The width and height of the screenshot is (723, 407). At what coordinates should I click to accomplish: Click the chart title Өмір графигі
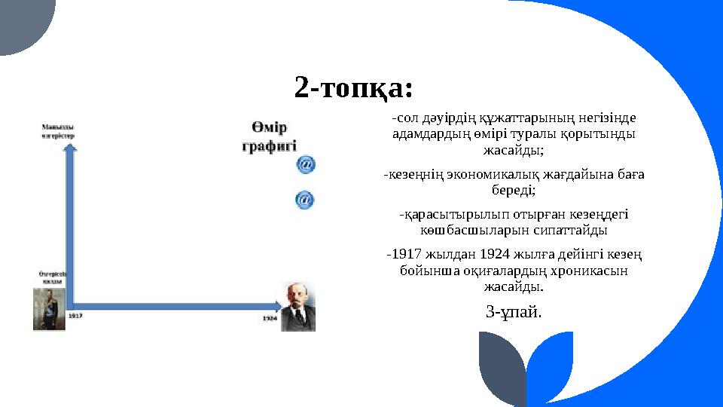[x=270, y=136]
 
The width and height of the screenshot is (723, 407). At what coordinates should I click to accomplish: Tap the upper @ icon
[x=305, y=164]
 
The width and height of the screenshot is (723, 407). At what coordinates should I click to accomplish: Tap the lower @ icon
[x=304, y=200]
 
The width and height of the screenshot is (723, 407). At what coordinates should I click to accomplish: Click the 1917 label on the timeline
[x=75, y=317]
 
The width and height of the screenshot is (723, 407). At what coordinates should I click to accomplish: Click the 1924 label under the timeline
[x=270, y=318]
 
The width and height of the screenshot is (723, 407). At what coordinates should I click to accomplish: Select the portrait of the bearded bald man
[x=298, y=306]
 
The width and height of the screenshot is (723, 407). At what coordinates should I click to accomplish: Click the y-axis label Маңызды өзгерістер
[x=57, y=131]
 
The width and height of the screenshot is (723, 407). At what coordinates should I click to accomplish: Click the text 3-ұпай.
[x=514, y=311]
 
